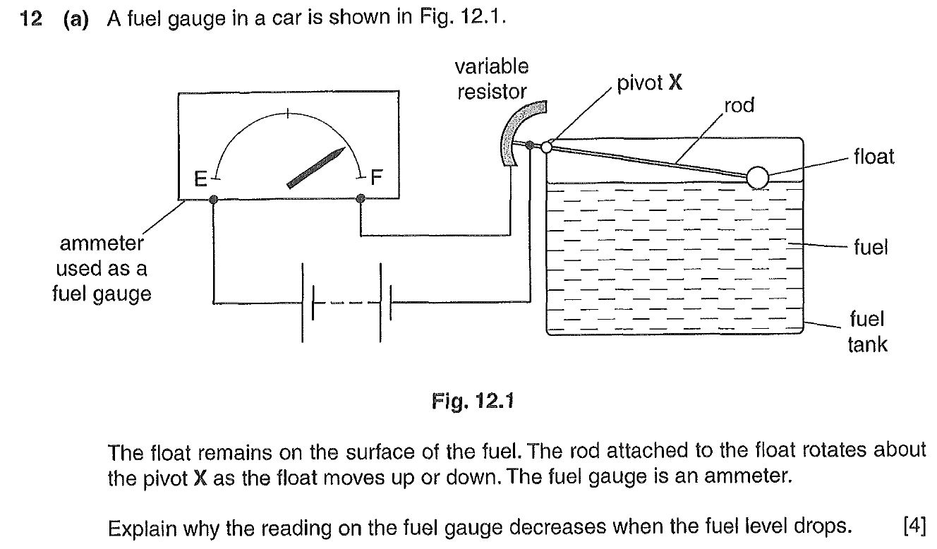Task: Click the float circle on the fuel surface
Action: pyautogui.click(x=757, y=177)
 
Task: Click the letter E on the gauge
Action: pyautogui.click(x=201, y=179)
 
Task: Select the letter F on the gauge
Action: pyautogui.click(x=375, y=178)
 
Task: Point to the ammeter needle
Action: pyautogui.click(x=316, y=168)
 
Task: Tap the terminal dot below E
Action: pyautogui.click(x=214, y=200)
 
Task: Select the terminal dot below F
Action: pyautogui.click(x=361, y=200)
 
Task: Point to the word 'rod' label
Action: pyautogui.click(x=739, y=105)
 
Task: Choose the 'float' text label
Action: pyautogui.click(x=873, y=156)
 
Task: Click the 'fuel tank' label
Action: pyautogui.click(x=867, y=332)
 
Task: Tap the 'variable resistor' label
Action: pyautogui.click(x=492, y=79)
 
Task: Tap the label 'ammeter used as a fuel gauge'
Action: pyautogui.click(x=102, y=269)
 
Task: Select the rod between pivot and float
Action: pyautogui.click(x=649, y=162)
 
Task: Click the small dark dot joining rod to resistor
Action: pyautogui.click(x=531, y=145)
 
